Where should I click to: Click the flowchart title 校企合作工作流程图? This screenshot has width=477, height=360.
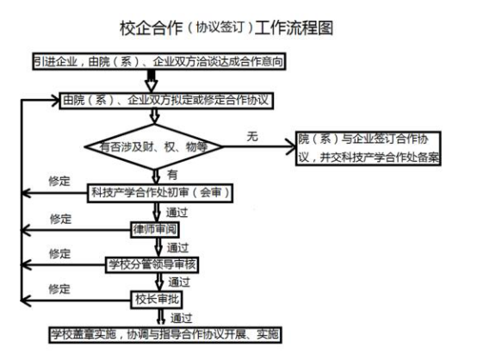point(226,28)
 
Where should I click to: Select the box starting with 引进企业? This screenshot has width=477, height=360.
point(159,61)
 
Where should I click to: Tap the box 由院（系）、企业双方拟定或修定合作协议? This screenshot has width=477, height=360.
point(166,101)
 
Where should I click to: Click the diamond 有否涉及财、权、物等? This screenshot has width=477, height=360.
point(154,146)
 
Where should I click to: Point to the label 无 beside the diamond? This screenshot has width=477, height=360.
point(252,136)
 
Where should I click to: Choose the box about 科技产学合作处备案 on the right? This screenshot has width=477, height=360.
point(369,148)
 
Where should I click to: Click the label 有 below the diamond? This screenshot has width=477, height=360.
point(172,175)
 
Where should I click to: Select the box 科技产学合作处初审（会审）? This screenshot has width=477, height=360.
point(160,193)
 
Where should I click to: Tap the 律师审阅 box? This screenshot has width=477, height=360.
point(155,230)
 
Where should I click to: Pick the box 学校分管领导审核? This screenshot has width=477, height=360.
point(152,264)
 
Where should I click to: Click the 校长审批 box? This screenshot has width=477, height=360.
point(157,300)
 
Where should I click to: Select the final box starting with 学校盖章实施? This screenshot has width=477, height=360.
point(165,335)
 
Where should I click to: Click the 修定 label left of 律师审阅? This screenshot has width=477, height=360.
point(60,219)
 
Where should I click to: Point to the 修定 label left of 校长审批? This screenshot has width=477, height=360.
point(59,289)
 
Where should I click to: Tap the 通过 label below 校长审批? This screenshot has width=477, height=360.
point(181,319)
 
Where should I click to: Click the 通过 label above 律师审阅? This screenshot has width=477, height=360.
point(177,213)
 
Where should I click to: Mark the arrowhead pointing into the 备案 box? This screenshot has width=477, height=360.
point(291,147)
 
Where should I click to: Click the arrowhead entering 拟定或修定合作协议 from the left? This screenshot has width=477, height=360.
point(55,101)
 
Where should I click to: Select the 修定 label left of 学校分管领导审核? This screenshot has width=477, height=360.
point(60,254)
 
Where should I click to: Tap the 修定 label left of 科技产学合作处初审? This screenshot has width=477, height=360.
point(59,182)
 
